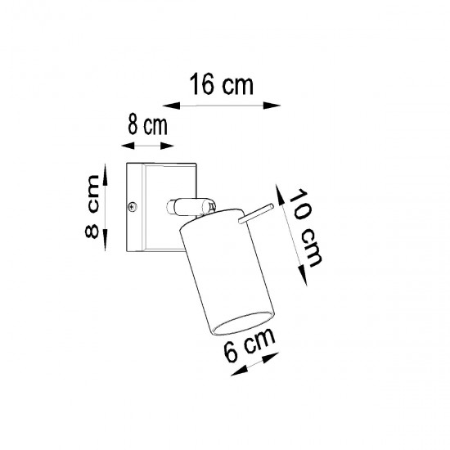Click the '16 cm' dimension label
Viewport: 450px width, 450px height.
[220, 84]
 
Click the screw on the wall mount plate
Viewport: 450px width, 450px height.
[133, 207]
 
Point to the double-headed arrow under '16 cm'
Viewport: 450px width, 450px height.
[221, 105]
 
